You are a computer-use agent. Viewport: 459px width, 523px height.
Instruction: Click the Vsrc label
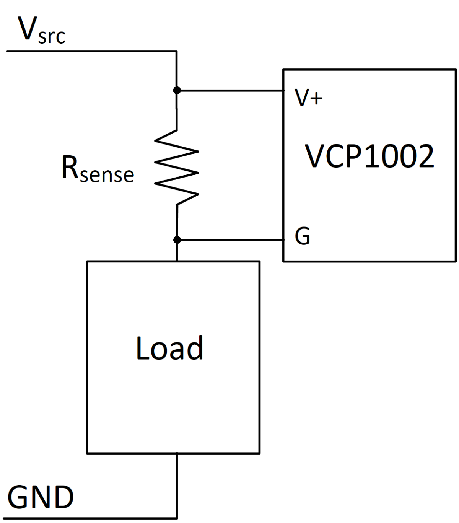[41, 31]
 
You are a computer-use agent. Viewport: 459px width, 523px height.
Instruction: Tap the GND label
[41, 497]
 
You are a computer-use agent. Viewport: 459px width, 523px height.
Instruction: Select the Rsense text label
[98, 169]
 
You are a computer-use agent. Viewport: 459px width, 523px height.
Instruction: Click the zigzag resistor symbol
[176, 168]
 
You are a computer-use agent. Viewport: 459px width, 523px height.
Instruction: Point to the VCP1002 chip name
[369, 156]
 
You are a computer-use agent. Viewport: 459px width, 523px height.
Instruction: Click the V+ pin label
[308, 98]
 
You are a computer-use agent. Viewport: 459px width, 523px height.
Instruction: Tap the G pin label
[302, 236]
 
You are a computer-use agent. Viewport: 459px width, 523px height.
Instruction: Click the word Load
[169, 349]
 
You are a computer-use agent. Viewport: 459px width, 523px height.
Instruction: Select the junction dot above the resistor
[177, 90]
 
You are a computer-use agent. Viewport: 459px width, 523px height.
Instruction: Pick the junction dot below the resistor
[177, 240]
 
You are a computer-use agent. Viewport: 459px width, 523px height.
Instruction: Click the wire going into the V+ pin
[229, 91]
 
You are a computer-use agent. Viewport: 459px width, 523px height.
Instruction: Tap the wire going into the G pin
[229, 240]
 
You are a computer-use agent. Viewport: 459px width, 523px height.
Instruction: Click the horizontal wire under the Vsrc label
[92, 51]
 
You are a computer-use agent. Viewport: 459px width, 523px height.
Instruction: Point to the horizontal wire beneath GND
[92, 518]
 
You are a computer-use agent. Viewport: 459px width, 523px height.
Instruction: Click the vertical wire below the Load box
[177, 486]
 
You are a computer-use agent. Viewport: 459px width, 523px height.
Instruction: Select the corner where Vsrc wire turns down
[176, 51]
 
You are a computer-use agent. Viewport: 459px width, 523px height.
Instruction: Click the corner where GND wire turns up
[177, 518]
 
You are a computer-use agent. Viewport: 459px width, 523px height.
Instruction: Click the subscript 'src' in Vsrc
[52, 37]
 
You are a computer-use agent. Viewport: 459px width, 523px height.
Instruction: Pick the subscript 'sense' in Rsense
[107, 175]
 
